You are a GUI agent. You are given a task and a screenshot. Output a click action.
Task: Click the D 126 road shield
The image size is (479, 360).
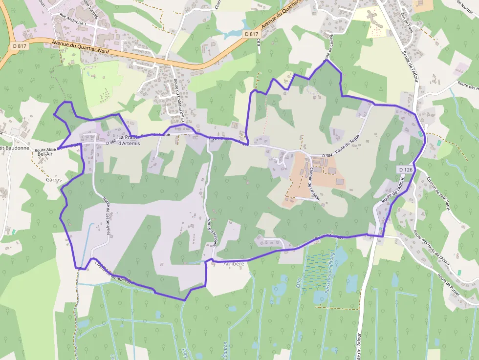[x=406, y=169]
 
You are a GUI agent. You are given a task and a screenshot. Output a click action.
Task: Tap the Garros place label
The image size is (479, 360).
[x=53, y=180]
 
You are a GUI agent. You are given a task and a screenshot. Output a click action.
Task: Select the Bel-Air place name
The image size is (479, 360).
[x=45, y=154]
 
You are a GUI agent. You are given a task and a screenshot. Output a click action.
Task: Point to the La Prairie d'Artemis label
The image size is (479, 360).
[x=129, y=140]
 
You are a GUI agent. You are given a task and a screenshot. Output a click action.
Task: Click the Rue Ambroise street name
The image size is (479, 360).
[x=72, y=23]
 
